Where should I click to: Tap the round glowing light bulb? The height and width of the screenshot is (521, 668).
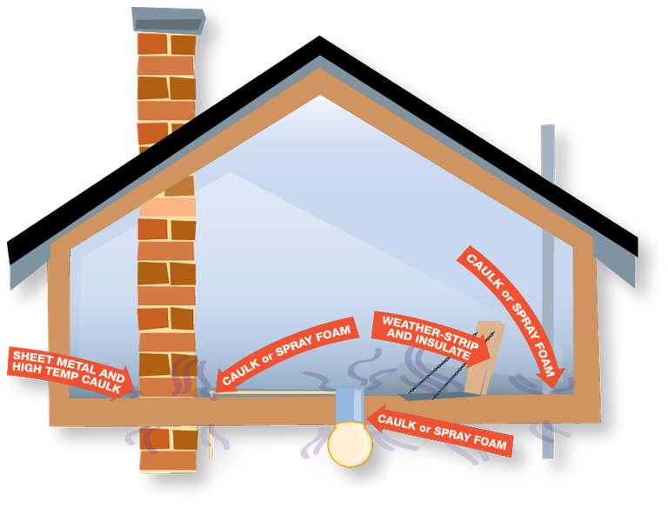click(x=350, y=444)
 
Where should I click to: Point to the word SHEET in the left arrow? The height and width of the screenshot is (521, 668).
click(x=32, y=357)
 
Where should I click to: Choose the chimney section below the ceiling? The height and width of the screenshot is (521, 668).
click(x=167, y=447)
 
